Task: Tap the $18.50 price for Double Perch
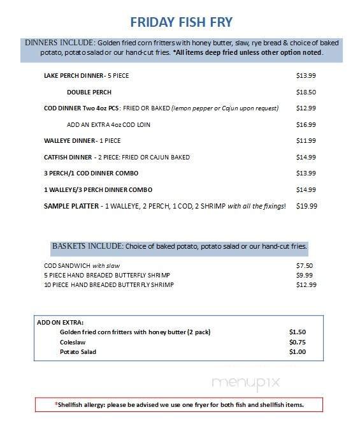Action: point(306,92)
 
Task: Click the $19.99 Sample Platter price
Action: point(306,206)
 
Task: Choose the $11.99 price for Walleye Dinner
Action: point(306,140)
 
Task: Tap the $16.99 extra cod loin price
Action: point(306,124)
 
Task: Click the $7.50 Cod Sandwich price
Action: point(305,265)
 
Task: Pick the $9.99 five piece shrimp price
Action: point(305,275)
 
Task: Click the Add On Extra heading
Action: point(61,323)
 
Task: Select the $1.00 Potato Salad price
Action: point(298,351)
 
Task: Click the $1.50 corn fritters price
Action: point(298,332)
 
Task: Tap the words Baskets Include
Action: point(87,246)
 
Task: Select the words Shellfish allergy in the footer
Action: point(83,404)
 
